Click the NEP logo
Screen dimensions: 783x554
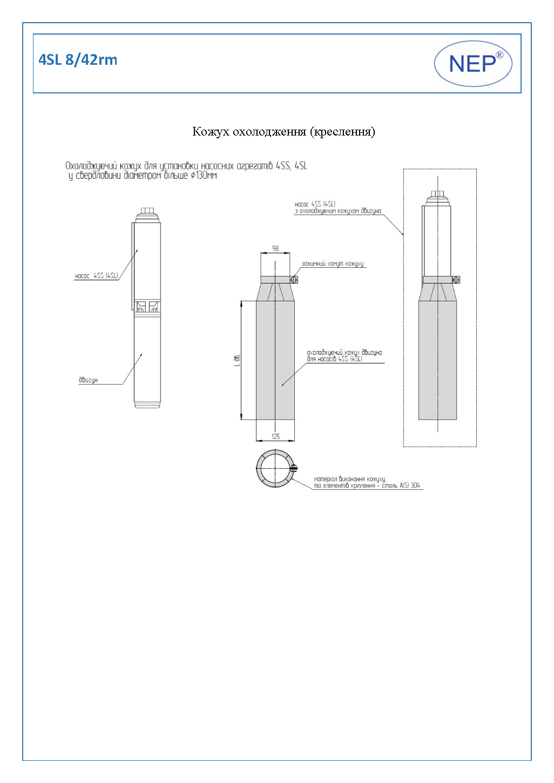click(473, 64)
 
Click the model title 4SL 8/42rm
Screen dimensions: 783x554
click(78, 59)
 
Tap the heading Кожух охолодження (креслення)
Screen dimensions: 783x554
click(283, 131)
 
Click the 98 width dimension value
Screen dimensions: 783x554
click(275, 248)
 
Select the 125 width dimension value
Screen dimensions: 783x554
click(275, 436)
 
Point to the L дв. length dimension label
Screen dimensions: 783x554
click(237, 360)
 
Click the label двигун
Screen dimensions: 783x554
click(88, 380)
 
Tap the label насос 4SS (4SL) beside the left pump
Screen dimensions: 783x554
click(96, 275)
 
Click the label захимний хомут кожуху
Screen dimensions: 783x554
click(332, 264)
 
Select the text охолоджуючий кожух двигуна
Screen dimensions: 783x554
click(344, 353)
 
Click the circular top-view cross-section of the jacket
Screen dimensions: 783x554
click(275, 468)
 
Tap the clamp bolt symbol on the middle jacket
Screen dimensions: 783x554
click(294, 280)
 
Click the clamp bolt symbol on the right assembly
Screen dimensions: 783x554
click(456, 280)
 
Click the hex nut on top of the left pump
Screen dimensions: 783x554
click(147, 211)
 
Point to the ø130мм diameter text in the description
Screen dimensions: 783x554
click(204, 175)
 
